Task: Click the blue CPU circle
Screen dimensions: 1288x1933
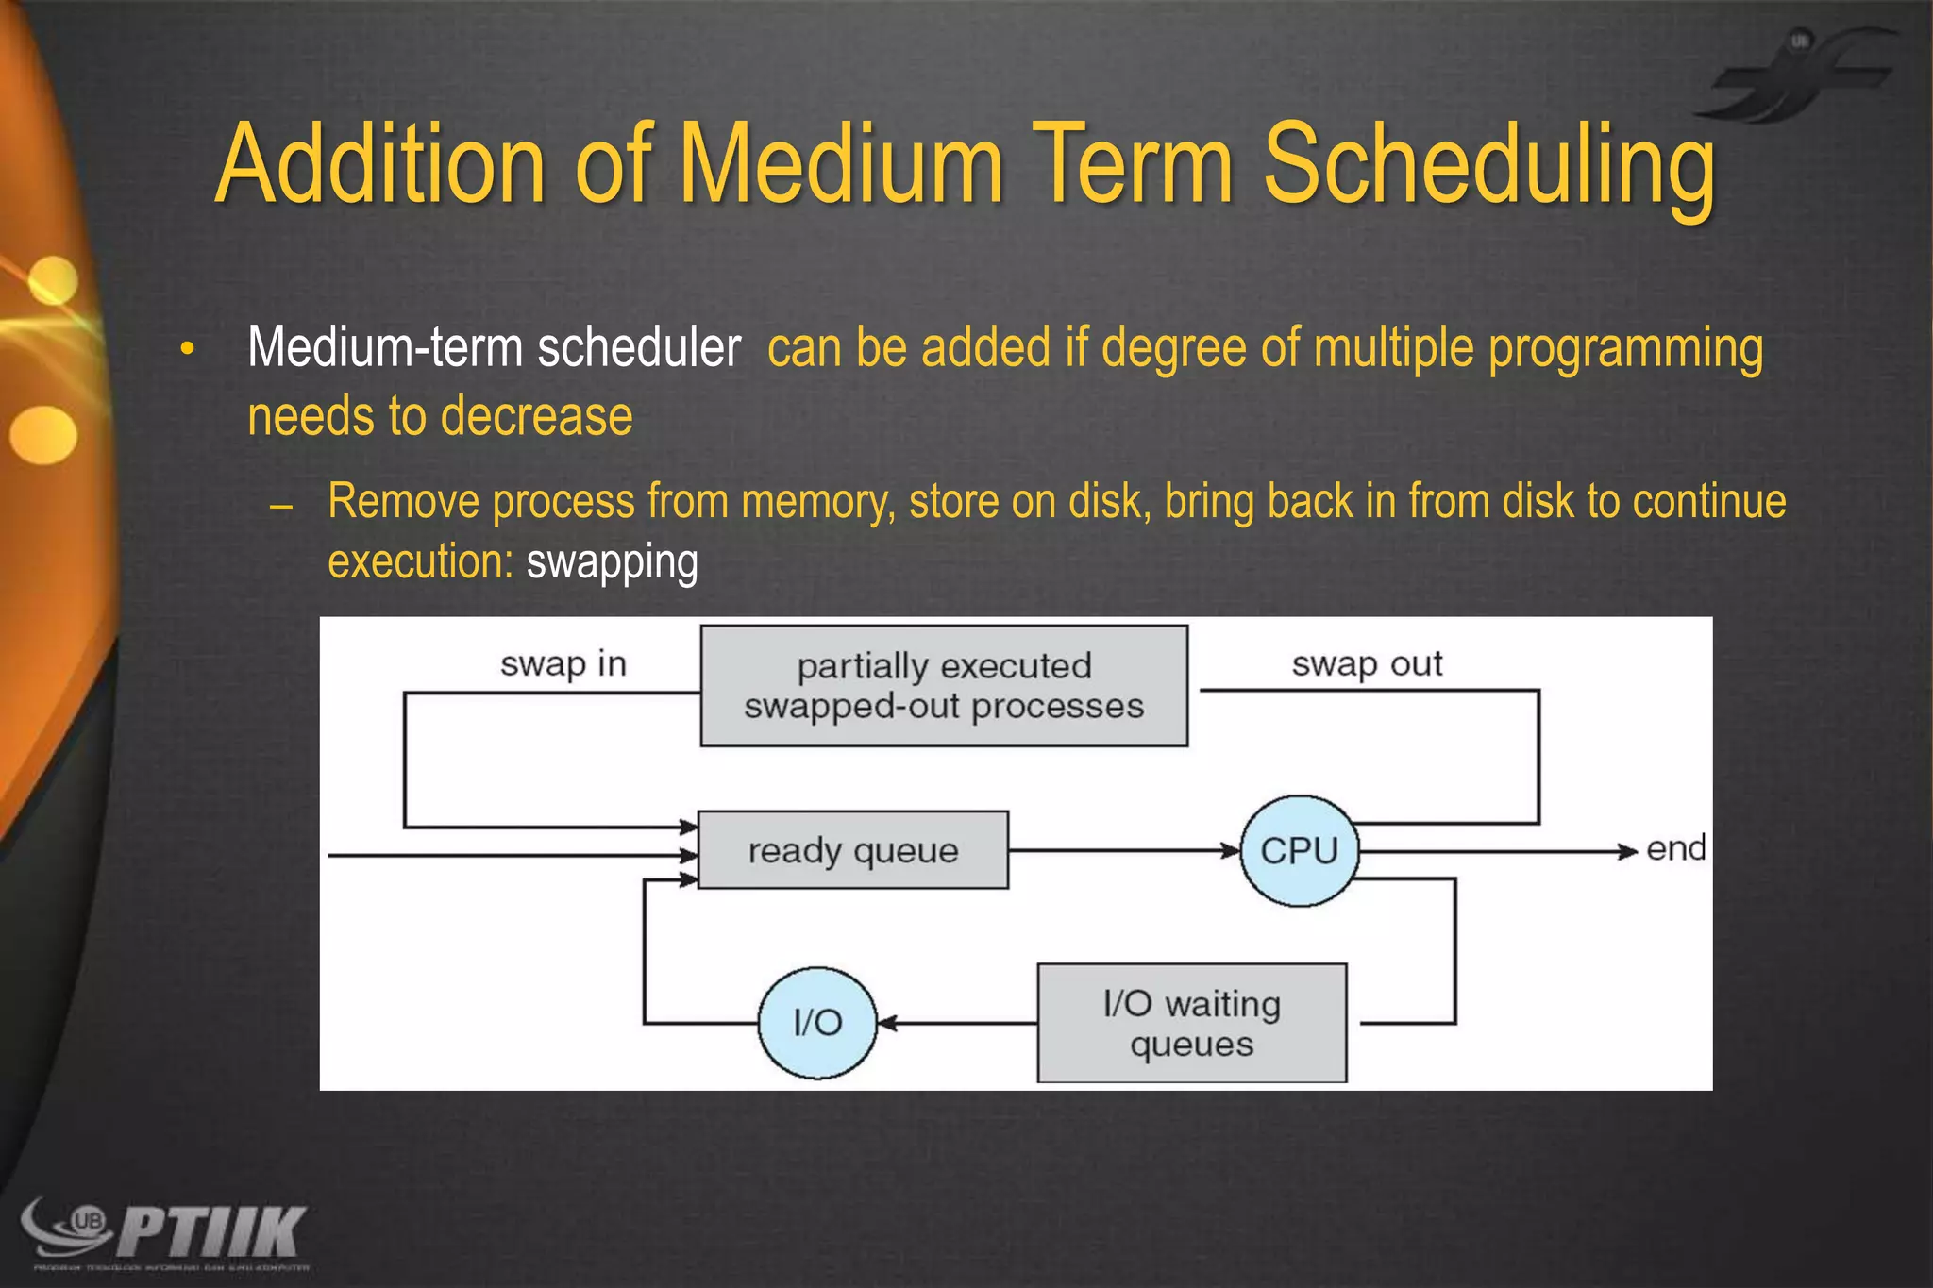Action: [1300, 851]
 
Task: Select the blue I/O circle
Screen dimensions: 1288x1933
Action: [817, 1023]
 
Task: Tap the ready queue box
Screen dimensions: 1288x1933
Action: [852, 850]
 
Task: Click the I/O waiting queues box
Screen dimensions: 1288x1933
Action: [1191, 1023]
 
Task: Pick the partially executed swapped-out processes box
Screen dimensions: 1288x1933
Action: [944, 686]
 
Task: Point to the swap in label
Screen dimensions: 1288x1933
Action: [563, 664]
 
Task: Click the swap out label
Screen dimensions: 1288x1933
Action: [1367, 664]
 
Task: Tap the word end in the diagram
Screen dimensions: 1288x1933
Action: [1675, 848]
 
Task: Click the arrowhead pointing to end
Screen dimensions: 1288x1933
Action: [1627, 851]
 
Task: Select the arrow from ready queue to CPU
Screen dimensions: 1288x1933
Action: [1123, 850]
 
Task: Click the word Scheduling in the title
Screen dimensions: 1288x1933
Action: [1488, 166]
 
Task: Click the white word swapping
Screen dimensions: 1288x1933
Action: [612, 563]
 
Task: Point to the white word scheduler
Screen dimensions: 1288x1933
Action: [639, 347]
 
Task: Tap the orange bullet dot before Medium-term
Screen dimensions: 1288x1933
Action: [188, 349]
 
